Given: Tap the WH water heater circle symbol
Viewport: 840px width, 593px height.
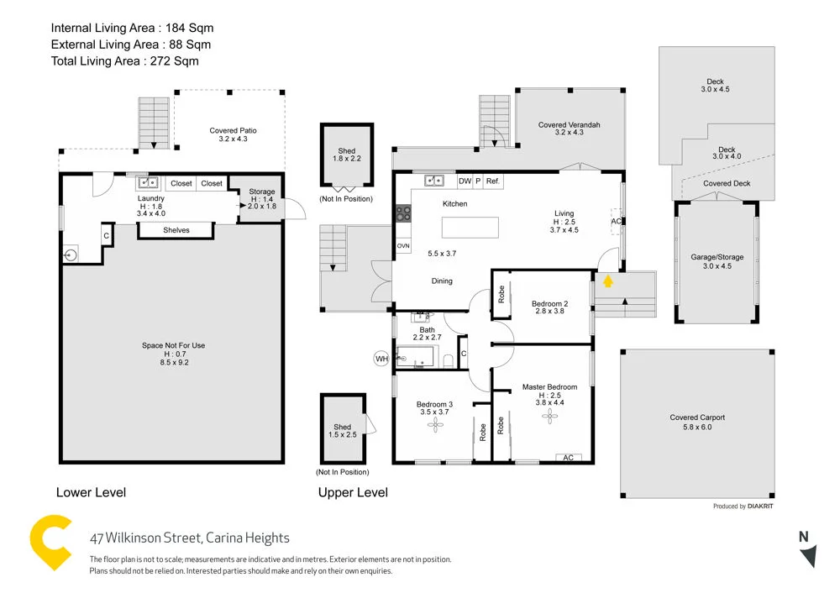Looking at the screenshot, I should (382, 359).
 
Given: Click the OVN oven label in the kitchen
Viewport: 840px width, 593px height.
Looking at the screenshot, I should (403, 246).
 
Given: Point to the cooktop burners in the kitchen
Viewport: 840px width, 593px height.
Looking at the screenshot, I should (402, 213).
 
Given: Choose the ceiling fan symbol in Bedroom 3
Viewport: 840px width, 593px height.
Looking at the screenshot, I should (435, 426).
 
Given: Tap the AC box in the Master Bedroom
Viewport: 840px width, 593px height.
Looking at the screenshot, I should (568, 458).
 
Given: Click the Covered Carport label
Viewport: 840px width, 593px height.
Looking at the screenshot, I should (697, 422).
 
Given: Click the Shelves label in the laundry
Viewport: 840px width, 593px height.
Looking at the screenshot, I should (176, 230).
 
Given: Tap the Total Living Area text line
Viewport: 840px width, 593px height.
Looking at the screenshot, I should (124, 60).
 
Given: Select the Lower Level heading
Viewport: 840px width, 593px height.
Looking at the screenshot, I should (91, 492).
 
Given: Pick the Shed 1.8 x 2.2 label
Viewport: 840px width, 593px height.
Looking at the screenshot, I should (346, 155).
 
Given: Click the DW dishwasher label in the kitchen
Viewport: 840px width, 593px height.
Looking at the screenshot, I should (464, 181).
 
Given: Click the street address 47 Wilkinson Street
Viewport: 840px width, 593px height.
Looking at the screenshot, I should (189, 538).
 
